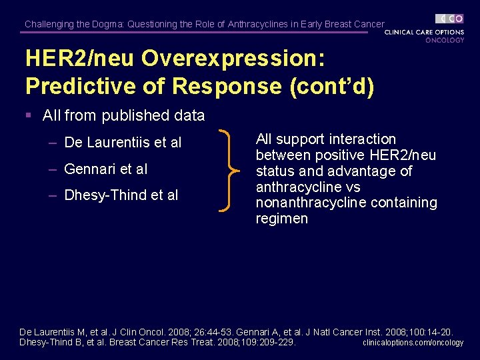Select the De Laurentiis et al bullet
click(123, 143)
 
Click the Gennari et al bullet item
click(105, 169)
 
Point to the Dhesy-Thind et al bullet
click(121, 195)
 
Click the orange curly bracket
click(231, 171)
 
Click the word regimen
click(282, 219)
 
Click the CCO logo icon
click(450, 19)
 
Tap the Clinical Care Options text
click(424, 31)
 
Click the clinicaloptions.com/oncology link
click(413, 343)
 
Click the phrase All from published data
click(123, 115)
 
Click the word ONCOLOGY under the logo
click(445, 40)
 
